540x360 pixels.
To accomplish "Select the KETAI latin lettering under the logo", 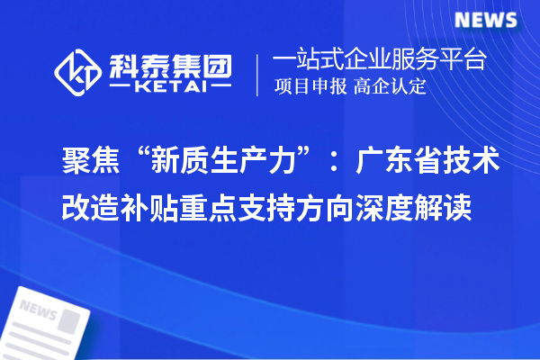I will tap(170, 88).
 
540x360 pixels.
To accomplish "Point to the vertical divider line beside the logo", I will tap(259, 75).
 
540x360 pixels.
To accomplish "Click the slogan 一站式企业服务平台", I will tap(380, 60).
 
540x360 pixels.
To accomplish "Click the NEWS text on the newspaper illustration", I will tap(38, 310).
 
